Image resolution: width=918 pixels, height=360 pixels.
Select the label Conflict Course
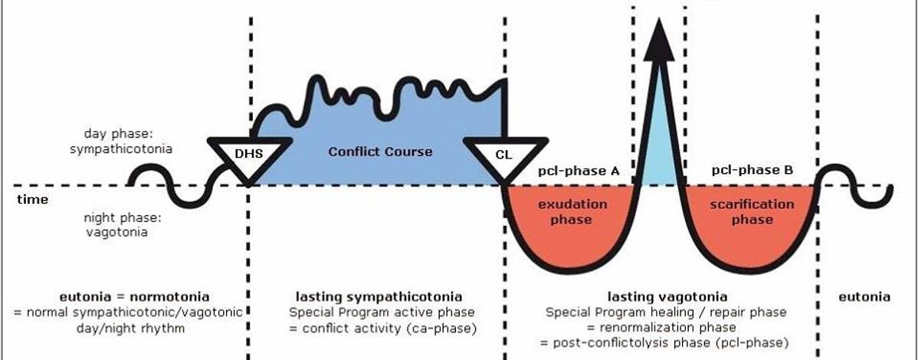380,151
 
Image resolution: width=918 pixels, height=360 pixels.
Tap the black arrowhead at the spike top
659,42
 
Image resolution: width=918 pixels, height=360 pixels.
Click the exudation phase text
572,212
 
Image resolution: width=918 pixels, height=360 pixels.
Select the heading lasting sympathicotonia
379,296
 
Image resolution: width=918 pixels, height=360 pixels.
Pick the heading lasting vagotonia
667,296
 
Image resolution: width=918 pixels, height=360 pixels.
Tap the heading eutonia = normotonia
134,296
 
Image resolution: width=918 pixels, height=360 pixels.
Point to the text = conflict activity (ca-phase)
381,328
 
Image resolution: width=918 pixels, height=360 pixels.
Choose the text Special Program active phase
381,313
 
